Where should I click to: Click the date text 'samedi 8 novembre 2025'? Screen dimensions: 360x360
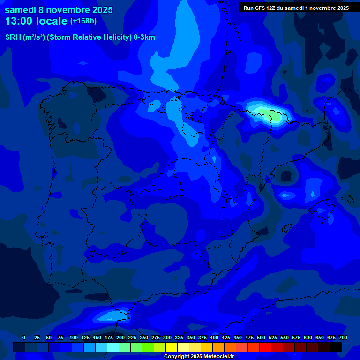click(x=59, y=10)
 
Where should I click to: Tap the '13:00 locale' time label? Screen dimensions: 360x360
click(x=36, y=21)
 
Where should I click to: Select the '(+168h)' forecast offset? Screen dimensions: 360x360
click(x=83, y=21)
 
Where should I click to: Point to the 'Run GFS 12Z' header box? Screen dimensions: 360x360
click(x=296, y=8)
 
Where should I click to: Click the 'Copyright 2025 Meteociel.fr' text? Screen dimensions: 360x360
click(x=199, y=357)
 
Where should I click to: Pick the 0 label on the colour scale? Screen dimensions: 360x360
click(x=24, y=337)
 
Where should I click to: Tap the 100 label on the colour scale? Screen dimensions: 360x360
click(x=74, y=337)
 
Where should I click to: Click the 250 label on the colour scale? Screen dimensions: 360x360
click(x=144, y=337)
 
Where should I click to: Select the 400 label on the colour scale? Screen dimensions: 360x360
click(x=214, y=337)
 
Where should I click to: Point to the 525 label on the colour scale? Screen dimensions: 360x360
click(x=273, y=337)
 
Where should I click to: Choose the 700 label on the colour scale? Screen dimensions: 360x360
click(x=343, y=337)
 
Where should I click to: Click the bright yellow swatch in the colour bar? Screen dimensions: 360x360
click(x=172, y=347)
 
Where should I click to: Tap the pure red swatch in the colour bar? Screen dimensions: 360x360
click(x=265, y=347)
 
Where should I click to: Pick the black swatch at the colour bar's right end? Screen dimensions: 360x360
click(x=336, y=347)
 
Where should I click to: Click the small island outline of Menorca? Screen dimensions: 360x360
click(x=347, y=199)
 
